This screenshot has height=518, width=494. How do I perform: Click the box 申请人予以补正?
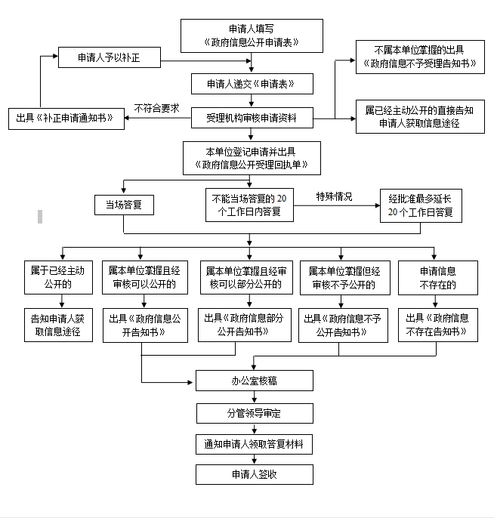pyautogui.click(x=110, y=57)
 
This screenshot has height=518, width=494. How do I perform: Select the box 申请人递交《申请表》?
pyautogui.click(x=252, y=82)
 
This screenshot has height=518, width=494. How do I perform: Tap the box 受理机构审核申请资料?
pyautogui.click(x=252, y=118)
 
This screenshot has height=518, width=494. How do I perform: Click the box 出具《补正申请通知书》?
pyautogui.click(x=66, y=118)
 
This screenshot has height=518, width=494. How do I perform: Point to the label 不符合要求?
pyautogui.click(x=156, y=108)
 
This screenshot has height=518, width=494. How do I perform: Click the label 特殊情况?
pyautogui.click(x=334, y=197)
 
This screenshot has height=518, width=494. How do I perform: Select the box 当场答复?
pyautogui.click(x=124, y=205)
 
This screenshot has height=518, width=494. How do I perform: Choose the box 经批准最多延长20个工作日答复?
pyautogui.click(x=420, y=205)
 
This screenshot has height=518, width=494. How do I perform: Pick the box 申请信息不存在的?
pyautogui.click(x=437, y=277)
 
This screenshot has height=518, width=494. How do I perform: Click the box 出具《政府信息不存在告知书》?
pyautogui.click(x=437, y=324)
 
